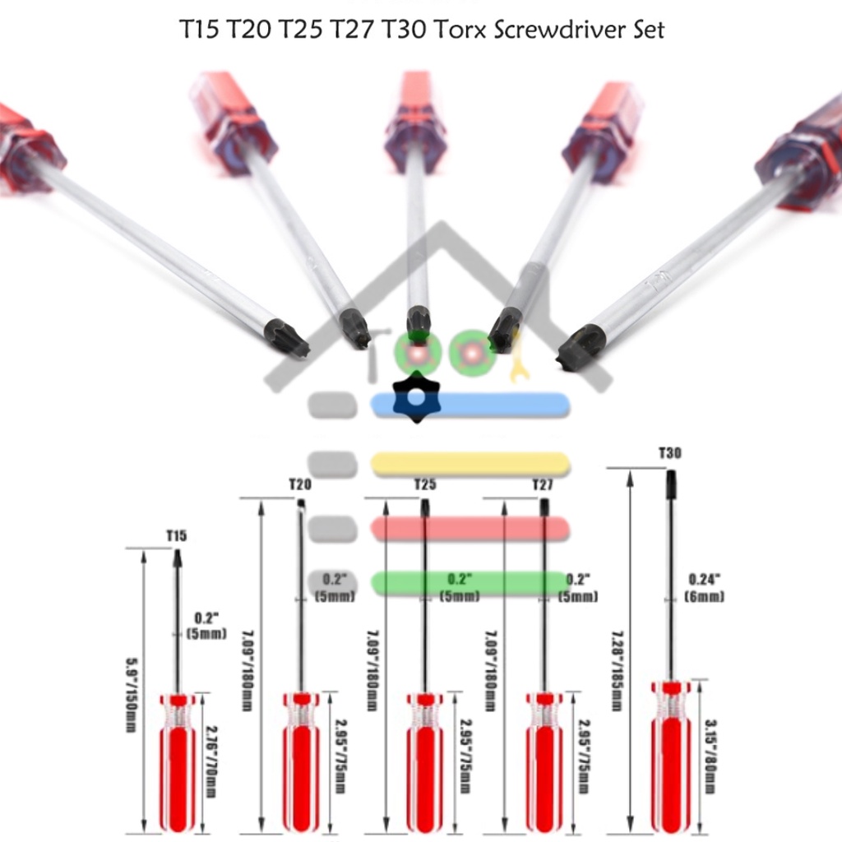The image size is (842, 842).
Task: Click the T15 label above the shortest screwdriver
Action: click(177, 536)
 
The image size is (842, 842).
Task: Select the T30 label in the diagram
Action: click(670, 453)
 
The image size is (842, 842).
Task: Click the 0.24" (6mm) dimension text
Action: click(705, 587)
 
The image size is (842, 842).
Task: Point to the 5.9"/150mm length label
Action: click(130, 691)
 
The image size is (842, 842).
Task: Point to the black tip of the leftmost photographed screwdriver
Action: click(288, 338)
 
